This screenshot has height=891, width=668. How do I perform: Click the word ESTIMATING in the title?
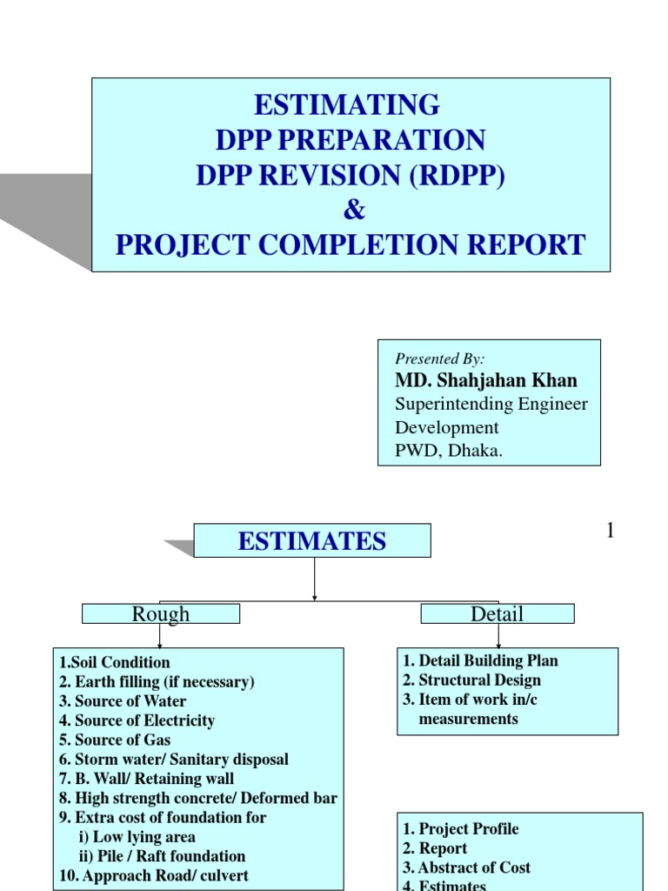(x=346, y=105)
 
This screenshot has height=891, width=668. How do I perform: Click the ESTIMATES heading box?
(x=311, y=541)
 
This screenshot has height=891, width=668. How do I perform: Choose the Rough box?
(x=160, y=614)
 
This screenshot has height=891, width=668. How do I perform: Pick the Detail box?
(x=497, y=614)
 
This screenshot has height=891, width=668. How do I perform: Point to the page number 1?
(x=611, y=530)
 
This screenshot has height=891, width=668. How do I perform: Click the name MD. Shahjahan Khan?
(x=485, y=380)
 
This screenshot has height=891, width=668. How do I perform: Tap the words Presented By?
(x=439, y=358)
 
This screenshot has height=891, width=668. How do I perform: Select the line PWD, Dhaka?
(x=449, y=451)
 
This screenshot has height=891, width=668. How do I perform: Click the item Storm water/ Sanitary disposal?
(x=173, y=760)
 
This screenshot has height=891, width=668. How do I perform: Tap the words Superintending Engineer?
(x=491, y=404)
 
